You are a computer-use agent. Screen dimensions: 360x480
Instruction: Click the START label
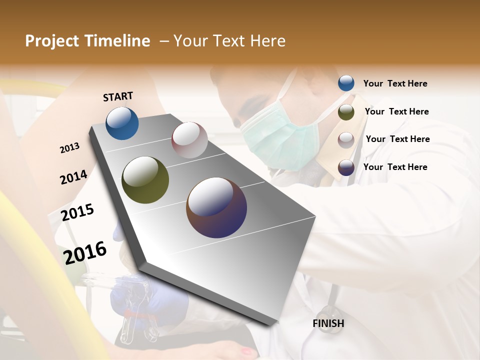(x=118, y=96)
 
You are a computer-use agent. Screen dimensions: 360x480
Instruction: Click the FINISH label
(x=328, y=323)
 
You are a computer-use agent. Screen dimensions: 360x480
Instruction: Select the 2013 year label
(x=69, y=148)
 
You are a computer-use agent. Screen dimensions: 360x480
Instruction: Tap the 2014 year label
(x=73, y=177)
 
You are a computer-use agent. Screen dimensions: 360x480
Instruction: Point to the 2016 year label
(x=85, y=252)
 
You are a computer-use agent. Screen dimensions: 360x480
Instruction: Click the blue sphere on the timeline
(x=122, y=123)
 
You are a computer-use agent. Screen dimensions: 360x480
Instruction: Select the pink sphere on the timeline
(x=189, y=140)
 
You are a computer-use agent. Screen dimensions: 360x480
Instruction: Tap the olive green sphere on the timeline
(x=145, y=180)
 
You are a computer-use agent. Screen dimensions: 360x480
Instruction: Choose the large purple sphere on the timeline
(x=216, y=207)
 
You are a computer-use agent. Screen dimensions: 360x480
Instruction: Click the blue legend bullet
(x=346, y=83)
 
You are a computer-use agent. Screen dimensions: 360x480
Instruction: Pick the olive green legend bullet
(x=346, y=112)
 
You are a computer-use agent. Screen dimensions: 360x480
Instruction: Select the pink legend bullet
(x=346, y=139)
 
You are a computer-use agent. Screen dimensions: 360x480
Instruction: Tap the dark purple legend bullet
(x=346, y=167)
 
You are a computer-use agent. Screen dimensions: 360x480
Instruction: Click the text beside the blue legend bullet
(x=395, y=84)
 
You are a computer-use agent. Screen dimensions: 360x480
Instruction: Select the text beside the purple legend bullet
(x=395, y=167)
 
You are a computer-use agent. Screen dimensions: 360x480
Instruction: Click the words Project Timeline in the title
(x=87, y=41)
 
